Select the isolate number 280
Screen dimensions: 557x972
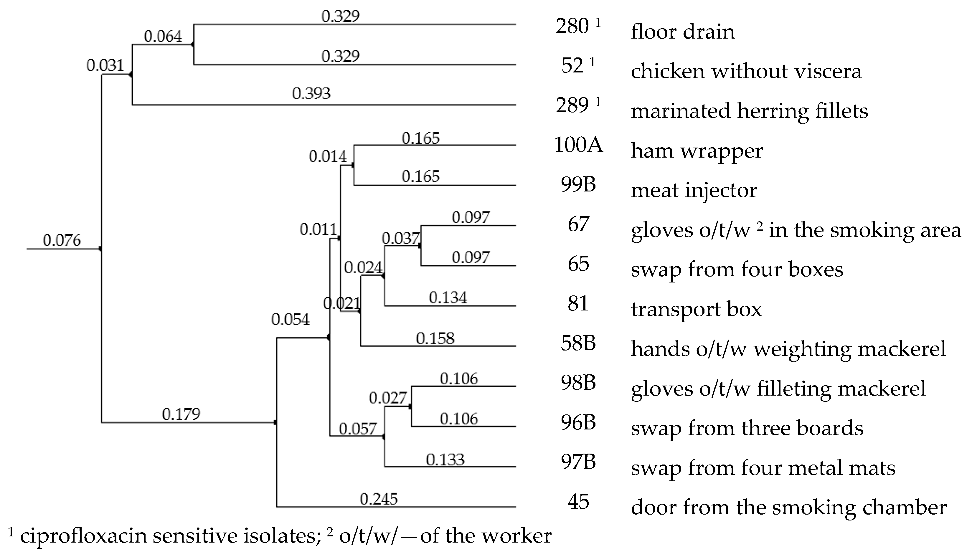tap(572, 27)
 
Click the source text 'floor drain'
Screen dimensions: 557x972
tap(682, 32)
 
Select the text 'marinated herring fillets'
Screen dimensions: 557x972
tap(749, 111)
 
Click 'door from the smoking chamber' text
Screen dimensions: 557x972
tap(788, 508)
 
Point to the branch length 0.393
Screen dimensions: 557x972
tap(311, 94)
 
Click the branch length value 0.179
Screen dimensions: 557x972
tap(181, 414)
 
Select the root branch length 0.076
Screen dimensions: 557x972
tap(62, 240)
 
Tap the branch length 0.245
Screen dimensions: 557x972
tap(379, 499)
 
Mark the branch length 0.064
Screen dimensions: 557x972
tap(163, 36)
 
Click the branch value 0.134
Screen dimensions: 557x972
tap(448, 297)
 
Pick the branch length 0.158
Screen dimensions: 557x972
tap(435, 338)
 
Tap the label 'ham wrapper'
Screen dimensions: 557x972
tap(697, 151)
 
